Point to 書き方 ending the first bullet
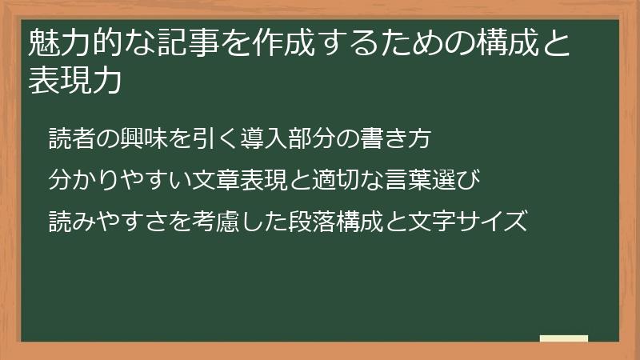coord(397,138)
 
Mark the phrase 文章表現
coord(241,178)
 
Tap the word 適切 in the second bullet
coord(337,178)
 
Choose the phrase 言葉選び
coord(433,178)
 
